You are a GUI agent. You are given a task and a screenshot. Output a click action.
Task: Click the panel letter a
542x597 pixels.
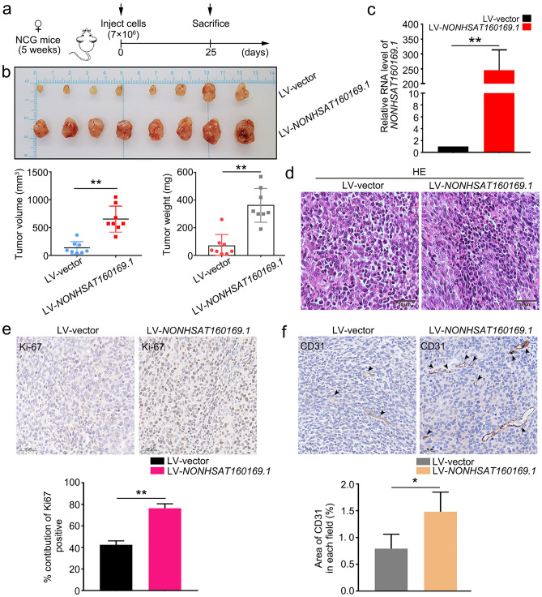coord(7,8)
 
